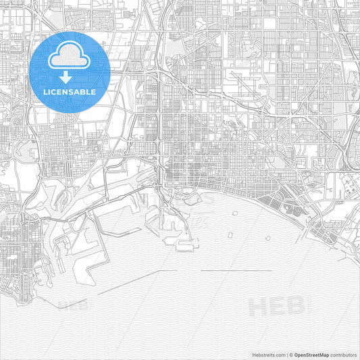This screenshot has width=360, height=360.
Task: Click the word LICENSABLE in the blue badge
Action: pos(70,91)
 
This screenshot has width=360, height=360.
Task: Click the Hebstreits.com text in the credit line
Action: pos(267,354)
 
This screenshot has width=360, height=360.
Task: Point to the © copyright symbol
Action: pos(291,354)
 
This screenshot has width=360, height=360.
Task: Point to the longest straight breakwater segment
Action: pos(236,271)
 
